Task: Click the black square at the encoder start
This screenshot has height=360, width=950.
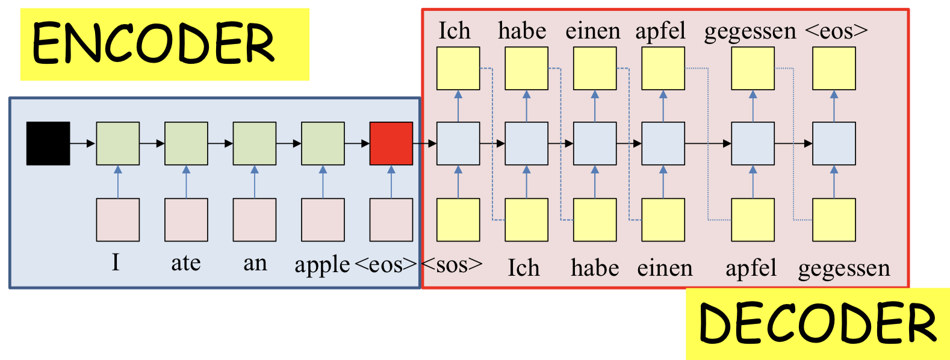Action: [x=48, y=143]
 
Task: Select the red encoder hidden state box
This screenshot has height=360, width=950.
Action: [x=391, y=143]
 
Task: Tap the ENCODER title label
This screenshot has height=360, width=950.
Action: [x=154, y=44]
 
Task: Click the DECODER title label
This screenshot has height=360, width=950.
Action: [x=817, y=323]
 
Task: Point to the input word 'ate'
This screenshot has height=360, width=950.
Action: [x=185, y=264]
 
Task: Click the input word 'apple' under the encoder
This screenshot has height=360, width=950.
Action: [x=322, y=265]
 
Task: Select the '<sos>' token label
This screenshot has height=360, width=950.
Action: [x=452, y=264]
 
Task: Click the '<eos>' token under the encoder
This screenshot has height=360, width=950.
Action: [x=386, y=264]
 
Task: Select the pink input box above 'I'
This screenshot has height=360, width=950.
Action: [x=118, y=220]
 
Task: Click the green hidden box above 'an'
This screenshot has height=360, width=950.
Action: [x=255, y=143]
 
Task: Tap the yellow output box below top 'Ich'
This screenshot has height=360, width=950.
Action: [x=458, y=69]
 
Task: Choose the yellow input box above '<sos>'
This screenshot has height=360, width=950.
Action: [x=458, y=220]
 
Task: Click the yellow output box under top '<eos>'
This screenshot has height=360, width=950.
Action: [x=834, y=69]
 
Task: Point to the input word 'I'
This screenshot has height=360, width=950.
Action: [x=116, y=263]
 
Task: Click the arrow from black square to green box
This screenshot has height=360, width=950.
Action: [x=82, y=143]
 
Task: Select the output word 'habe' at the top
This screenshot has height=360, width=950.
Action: [x=522, y=31]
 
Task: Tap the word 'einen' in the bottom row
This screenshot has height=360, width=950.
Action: [x=665, y=268]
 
